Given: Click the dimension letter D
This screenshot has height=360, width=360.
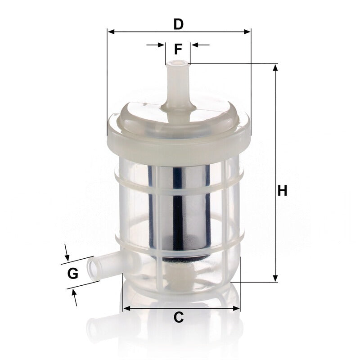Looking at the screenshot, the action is click(x=178, y=24).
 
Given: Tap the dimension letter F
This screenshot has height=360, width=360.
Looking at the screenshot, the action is click(x=178, y=49).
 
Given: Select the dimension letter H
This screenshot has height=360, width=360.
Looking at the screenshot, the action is click(x=283, y=190).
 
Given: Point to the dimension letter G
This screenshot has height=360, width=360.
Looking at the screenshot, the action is click(x=73, y=273).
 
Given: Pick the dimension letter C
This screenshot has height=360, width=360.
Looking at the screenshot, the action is click(x=178, y=317).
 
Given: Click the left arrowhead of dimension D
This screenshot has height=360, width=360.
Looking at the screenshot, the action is click(x=111, y=31).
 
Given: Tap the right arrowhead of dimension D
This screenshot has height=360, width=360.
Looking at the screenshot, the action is click(x=247, y=31).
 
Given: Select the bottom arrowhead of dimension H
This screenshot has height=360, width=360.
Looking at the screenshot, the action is click(x=275, y=278).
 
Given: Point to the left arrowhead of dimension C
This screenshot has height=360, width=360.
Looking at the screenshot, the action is click(x=126, y=308).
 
